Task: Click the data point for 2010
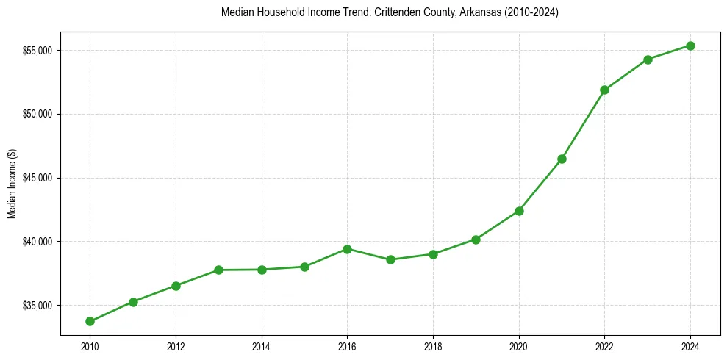tap(90, 321)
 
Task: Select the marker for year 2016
tap(347, 249)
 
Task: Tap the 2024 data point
tap(691, 46)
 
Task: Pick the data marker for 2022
tap(605, 90)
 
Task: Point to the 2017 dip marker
tap(390, 259)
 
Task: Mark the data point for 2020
tap(519, 211)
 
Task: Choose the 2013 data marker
tap(218, 270)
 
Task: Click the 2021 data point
tap(562, 159)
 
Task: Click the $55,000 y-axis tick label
tap(38, 51)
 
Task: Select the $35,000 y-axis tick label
tap(38, 306)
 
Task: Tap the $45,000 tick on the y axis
tap(38, 178)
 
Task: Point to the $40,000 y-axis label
tap(38, 242)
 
